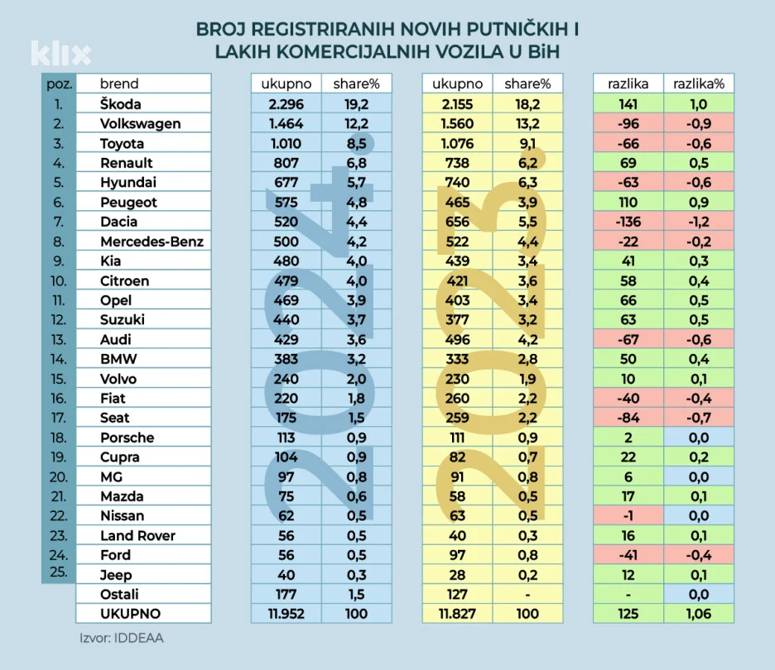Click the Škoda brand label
(121, 104)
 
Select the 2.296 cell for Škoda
(286, 104)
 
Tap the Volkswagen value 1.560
(457, 124)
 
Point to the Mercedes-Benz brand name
(152, 242)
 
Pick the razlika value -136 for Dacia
(628, 222)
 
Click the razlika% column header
(698, 84)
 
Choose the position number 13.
(57, 339)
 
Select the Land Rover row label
(137, 535)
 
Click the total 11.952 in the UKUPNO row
(286, 614)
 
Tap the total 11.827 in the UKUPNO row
(457, 614)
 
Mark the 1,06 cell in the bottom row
(698, 614)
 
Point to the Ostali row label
(119, 594)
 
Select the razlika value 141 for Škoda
(628, 104)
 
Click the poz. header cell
(58, 84)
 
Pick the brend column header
(119, 84)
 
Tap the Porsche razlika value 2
(628, 438)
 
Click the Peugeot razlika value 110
(628, 202)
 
